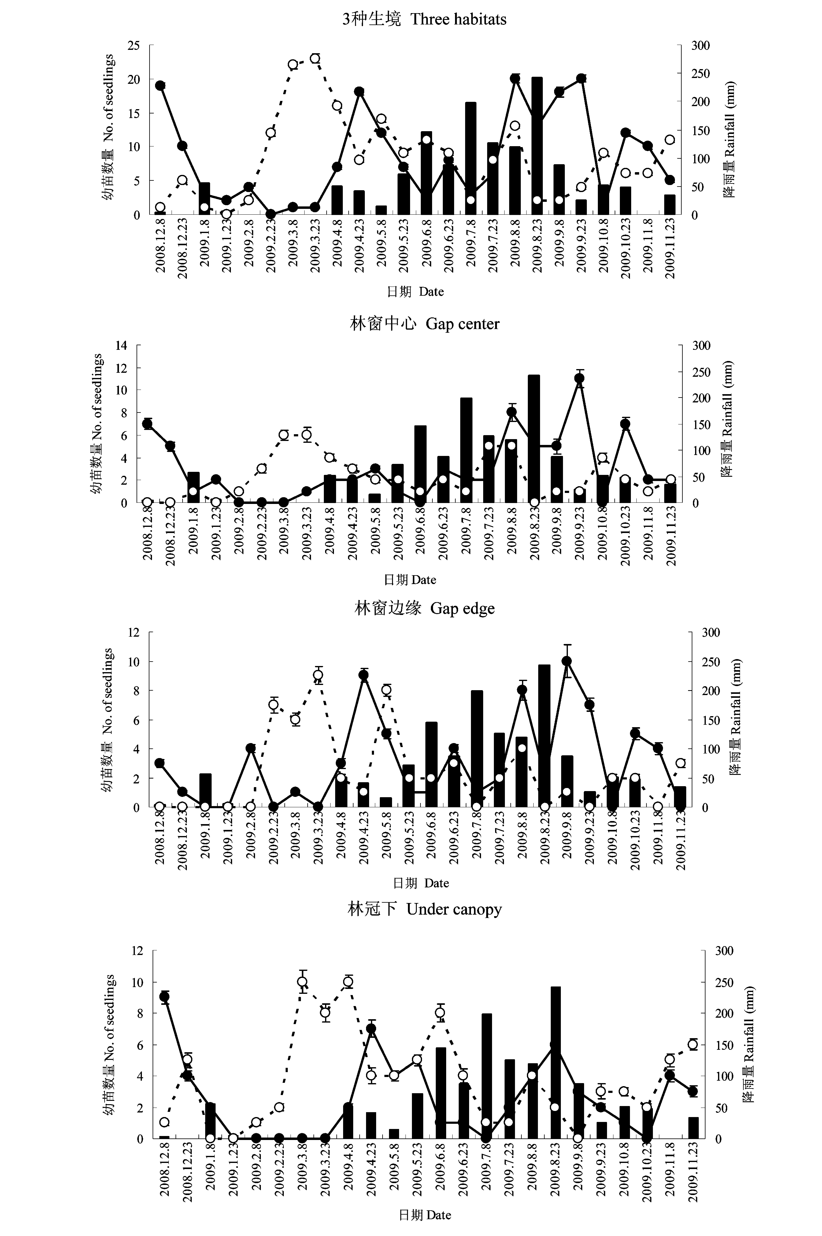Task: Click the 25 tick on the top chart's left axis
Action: pos(134,46)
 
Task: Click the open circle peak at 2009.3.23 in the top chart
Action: pos(315,58)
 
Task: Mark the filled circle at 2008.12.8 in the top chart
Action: pos(160,85)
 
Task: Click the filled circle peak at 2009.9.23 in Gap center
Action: pos(579,378)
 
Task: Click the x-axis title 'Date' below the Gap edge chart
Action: pos(437,883)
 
